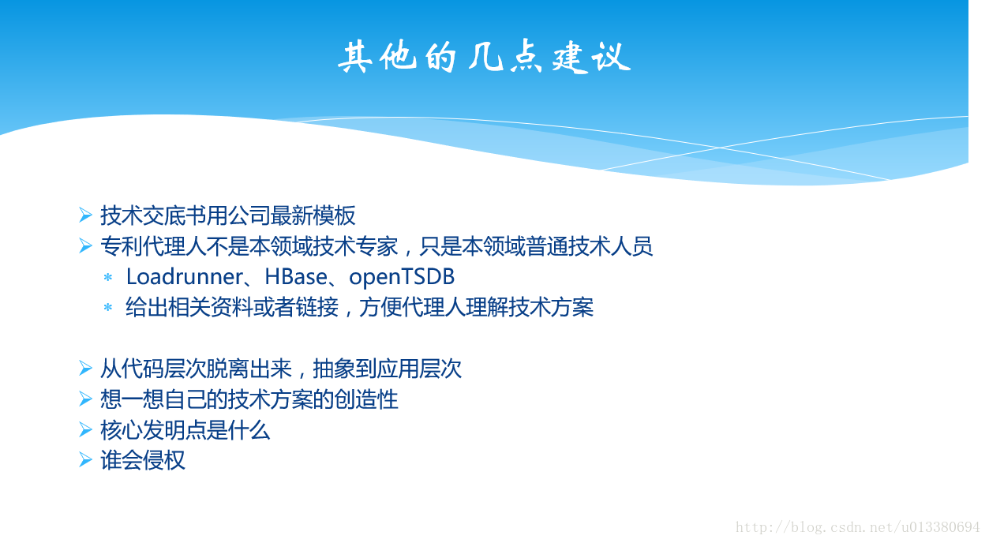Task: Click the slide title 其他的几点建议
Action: [x=485, y=57]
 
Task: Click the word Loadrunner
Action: [x=185, y=277]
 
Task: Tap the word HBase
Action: [x=296, y=277]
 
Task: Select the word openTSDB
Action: [x=402, y=278]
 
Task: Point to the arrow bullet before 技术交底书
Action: [x=85, y=215]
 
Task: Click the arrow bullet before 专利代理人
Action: [x=85, y=245]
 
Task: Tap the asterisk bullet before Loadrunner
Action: [x=107, y=277]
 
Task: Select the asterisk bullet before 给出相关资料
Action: [x=107, y=307]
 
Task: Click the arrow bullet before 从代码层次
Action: [x=85, y=368]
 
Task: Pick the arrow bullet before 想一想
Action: [x=85, y=399]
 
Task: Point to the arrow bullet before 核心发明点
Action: [x=85, y=429]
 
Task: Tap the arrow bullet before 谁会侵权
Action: [x=85, y=459]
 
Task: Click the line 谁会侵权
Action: [x=143, y=460]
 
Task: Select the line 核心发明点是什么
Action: [x=185, y=430]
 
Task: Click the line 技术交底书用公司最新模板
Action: [x=228, y=215]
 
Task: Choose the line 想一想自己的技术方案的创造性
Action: [x=249, y=399]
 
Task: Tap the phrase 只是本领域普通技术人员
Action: [x=536, y=246]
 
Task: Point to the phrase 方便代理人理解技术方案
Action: [x=476, y=307]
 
